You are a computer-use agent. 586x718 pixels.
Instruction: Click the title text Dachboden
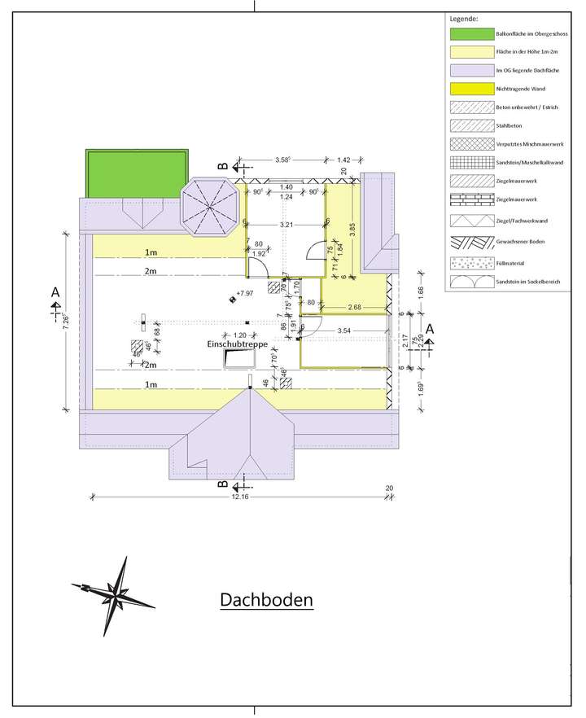[266, 600]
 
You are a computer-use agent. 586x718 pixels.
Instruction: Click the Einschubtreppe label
[236, 345]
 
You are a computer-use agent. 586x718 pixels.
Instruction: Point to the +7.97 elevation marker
[243, 292]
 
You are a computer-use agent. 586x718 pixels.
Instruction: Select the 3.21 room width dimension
[286, 224]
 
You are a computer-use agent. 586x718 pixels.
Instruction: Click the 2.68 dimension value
[355, 307]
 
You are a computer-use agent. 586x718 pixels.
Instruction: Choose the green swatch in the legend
[470, 34]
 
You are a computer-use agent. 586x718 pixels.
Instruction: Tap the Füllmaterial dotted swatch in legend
[470, 262]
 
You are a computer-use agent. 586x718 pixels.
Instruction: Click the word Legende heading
[463, 17]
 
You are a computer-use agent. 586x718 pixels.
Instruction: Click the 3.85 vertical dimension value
[352, 230]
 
